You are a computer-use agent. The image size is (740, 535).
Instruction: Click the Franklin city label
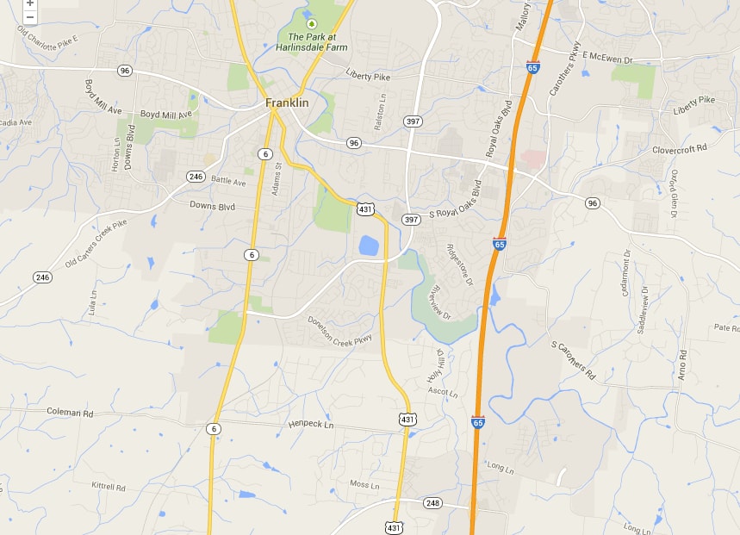tap(287, 103)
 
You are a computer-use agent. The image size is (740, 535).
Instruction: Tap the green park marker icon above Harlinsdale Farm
tap(312, 23)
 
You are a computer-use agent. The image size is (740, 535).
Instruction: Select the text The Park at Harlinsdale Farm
tap(317, 42)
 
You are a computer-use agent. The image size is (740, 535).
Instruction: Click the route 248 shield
tap(432, 502)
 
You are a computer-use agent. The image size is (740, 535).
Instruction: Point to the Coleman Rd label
tap(70, 414)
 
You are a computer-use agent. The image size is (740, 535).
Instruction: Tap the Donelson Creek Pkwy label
tap(339, 329)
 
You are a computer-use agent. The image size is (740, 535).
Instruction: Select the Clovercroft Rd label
tap(679, 148)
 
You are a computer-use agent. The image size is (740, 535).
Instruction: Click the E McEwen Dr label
tap(607, 56)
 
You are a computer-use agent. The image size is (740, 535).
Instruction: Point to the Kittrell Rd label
tap(109, 487)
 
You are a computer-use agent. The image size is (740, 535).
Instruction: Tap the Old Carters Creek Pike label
tap(96, 243)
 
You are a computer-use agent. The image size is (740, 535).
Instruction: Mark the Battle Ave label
tap(228, 182)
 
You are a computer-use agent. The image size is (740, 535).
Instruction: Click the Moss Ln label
tap(364, 484)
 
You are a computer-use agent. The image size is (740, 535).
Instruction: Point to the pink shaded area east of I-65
tap(533, 159)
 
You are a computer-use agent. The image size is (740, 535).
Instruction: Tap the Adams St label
tap(277, 178)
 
